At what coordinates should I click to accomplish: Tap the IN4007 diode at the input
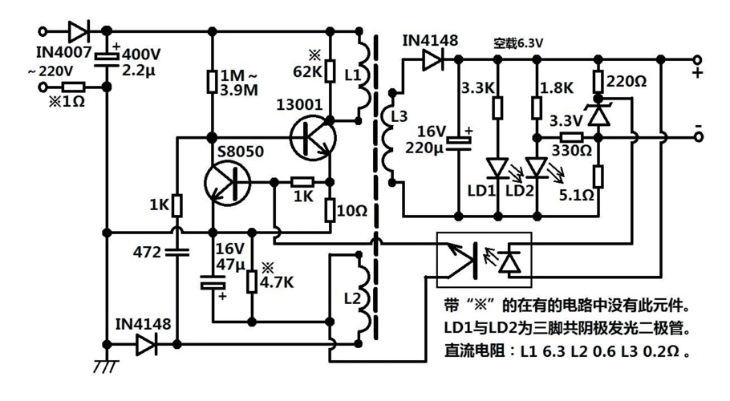pyautogui.click(x=79, y=32)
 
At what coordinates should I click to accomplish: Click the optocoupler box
pyautogui.click(x=482, y=259)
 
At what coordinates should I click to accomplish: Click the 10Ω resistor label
pyautogui.click(x=352, y=212)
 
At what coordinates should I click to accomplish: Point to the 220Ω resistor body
pyautogui.click(x=598, y=81)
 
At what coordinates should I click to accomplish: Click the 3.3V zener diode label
pyautogui.click(x=566, y=120)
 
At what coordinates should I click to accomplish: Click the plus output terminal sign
pyautogui.click(x=697, y=74)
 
